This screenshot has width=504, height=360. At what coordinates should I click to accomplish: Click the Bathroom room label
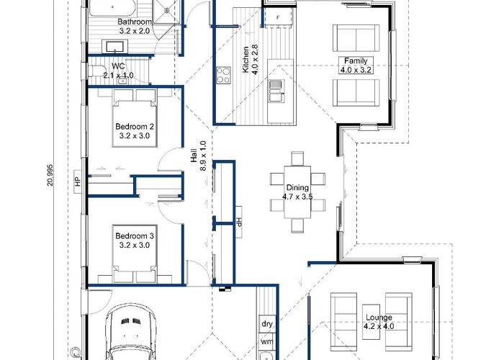135,22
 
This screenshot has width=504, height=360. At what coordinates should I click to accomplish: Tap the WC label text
118,66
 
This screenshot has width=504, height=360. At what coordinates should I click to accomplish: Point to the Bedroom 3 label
135,236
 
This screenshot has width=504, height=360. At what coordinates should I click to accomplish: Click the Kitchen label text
246,60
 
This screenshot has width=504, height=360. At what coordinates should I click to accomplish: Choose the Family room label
356,60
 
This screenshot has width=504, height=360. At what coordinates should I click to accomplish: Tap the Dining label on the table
297,187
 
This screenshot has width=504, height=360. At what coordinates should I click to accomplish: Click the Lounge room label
379,318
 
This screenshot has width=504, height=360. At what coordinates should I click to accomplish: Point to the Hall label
194,156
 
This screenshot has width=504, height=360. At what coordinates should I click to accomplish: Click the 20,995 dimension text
50,175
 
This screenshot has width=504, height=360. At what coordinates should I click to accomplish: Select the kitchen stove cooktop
223,75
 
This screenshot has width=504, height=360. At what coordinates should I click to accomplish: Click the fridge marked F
278,18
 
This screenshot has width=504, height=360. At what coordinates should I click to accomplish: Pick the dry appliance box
267,324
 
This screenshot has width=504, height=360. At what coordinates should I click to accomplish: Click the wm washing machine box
267,341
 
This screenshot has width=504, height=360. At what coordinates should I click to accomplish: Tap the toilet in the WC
96,71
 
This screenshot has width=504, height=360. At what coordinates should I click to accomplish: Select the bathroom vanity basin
114,47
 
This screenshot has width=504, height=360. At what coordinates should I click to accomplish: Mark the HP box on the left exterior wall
78,181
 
